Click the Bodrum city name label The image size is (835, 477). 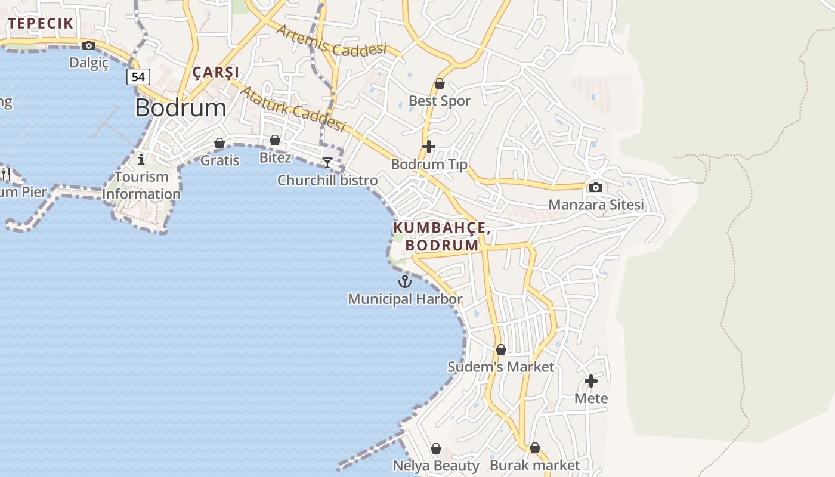[x=180, y=108]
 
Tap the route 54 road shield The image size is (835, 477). [x=138, y=77]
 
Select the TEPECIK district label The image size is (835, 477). [x=41, y=23]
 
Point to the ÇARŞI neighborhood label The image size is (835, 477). [x=216, y=72]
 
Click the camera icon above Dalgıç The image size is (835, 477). [x=89, y=45]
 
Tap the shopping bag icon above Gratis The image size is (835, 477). [x=219, y=143]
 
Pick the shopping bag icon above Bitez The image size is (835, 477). [x=275, y=140]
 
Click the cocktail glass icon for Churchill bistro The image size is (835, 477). [x=327, y=162]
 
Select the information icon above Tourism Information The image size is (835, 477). [x=141, y=159]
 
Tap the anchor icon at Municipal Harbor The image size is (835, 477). [x=405, y=281]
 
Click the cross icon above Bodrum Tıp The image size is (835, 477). [x=428, y=146]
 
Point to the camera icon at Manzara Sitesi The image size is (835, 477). [x=595, y=187]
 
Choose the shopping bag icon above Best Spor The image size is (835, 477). [x=440, y=83]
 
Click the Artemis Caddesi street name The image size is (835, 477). [x=332, y=41]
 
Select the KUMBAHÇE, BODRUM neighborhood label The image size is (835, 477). [x=442, y=237]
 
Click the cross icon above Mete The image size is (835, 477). [x=590, y=380]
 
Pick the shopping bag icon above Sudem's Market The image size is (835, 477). [x=501, y=349]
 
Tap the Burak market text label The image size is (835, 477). [x=534, y=465]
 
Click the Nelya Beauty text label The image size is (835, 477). [x=436, y=466]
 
